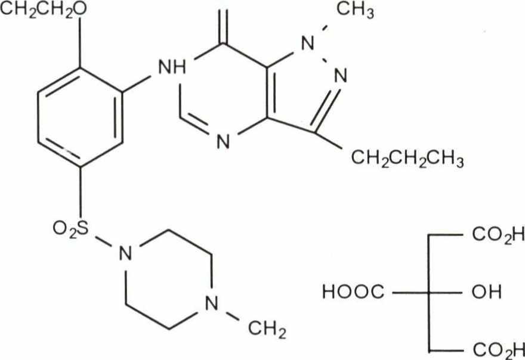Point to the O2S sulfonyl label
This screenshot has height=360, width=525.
pyautogui.click(x=70, y=228)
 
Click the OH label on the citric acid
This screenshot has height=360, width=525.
pyautogui.click(x=489, y=292)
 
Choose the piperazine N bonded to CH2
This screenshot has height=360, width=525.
pyautogui.click(x=209, y=306)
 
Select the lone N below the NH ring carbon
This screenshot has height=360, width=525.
pyautogui.click(x=223, y=142)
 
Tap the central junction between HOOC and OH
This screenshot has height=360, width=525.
pyautogui.click(x=429, y=292)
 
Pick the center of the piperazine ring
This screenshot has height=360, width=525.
pyautogui.click(x=167, y=280)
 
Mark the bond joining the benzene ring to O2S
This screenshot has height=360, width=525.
pyautogui.click(x=81, y=191)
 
